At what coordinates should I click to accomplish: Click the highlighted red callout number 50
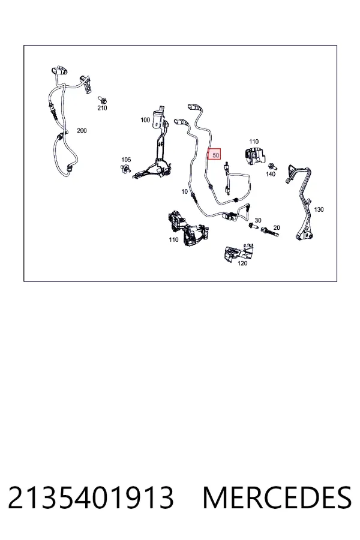pyautogui.click(x=214, y=155)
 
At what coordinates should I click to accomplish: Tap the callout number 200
pyautogui.click(x=82, y=131)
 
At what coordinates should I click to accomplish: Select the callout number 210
pyautogui.click(x=102, y=108)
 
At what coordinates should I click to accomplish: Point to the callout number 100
pyautogui.click(x=145, y=120)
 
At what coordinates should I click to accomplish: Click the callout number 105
pyautogui.click(x=126, y=160)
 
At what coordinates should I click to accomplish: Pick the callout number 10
pyautogui.click(x=185, y=191)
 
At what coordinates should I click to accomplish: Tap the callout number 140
pyautogui.click(x=271, y=174)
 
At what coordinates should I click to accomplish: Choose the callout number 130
pyautogui.click(x=319, y=209)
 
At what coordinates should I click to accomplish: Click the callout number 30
pyautogui.click(x=257, y=220)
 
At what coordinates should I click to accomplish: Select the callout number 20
pyautogui.click(x=277, y=227)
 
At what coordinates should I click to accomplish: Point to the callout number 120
pyautogui.click(x=242, y=263)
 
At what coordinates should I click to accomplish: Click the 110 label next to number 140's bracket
pyautogui.click(x=254, y=142)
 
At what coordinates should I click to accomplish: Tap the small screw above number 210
pyautogui.click(x=103, y=100)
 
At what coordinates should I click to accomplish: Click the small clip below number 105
pyautogui.click(x=125, y=169)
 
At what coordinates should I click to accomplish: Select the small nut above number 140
pyautogui.click(x=272, y=166)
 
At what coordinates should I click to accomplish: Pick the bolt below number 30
pyautogui.click(x=253, y=227)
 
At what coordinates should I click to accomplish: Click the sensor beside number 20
pyautogui.click(x=270, y=232)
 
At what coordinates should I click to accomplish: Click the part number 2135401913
pyautogui.click(x=91, y=497)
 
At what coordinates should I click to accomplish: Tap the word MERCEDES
pyautogui.click(x=277, y=497)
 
